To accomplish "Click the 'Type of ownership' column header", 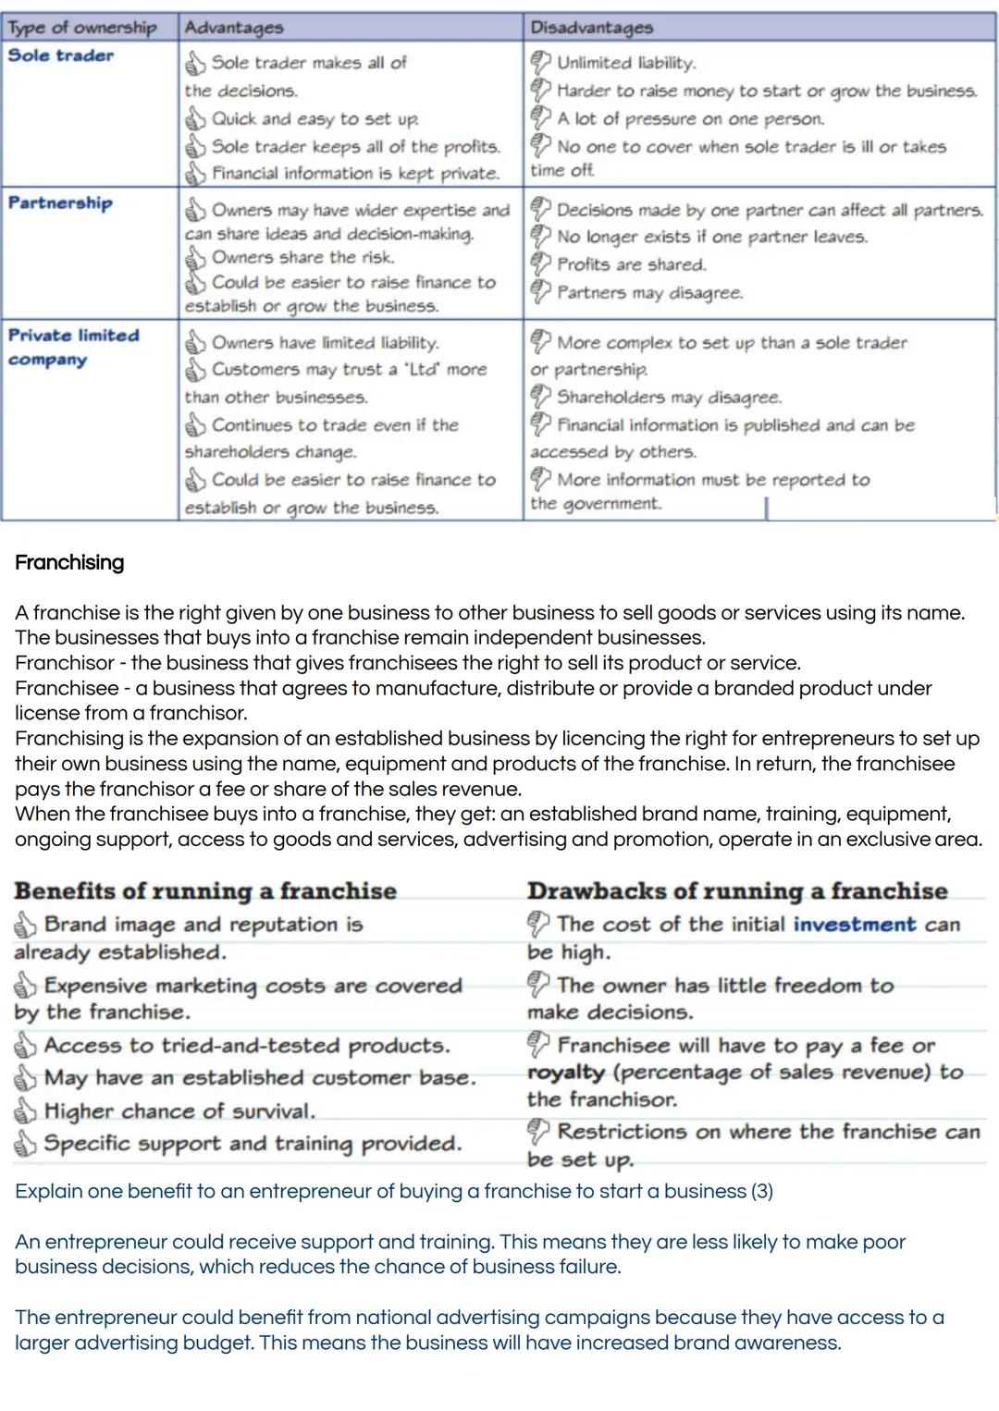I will coord(81,28).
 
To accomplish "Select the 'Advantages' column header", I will coord(233,28).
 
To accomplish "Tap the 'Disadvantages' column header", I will coord(591,28).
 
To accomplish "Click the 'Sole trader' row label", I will coord(61,55).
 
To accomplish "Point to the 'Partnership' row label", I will coord(60,202).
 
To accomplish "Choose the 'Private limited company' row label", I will coord(73,347).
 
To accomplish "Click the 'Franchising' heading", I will coord(69,562).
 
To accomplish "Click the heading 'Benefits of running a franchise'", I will coord(205,890).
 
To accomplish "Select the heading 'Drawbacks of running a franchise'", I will coord(737,890).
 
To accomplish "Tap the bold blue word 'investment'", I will coord(854,924).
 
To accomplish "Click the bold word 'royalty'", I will coord(565,1073).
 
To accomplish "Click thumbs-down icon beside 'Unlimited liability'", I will coord(540,63).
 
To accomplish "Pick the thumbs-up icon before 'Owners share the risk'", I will coord(195,258).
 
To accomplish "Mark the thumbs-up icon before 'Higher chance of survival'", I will coord(26,1110).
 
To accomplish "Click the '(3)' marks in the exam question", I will coord(761,1191).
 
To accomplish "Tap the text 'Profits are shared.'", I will coord(631,264).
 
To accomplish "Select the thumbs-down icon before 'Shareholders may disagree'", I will coord(540,397).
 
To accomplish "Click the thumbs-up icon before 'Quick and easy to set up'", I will coord(195,119).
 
